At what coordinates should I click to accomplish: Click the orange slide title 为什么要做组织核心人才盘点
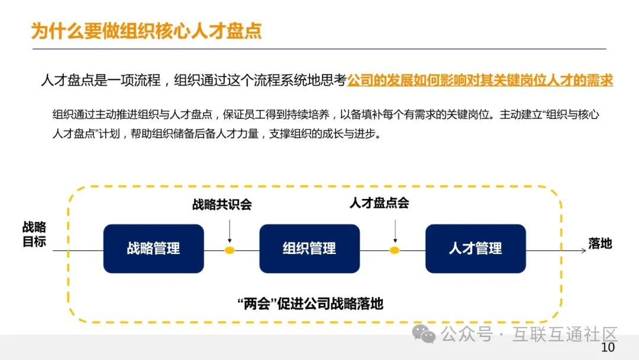(x=146, y=30)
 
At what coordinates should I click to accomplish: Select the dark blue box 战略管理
(x=153, y=249)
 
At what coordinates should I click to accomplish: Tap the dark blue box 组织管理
(x=309, y=249)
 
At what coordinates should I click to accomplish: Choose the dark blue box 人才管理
(x=475, y=249)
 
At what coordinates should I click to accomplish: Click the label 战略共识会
(x=222, y=205)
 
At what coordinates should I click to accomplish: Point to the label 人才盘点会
(x=379, y=203)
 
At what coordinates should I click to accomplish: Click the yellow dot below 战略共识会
(x=230, y=250)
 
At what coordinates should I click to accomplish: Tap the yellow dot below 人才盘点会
(x=395, y=250)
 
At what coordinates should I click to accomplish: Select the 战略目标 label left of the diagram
(x=34, y=234)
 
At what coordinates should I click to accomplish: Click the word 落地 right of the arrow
(x=600, y=243)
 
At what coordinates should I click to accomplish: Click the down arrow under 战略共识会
(x=230, y=228)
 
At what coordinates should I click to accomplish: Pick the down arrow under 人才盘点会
(x=395, y=228)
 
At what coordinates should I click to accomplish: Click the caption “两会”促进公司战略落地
(x=310, y=304)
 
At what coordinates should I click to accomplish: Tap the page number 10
(x=608, y=348)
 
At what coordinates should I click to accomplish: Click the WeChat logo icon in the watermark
(x=424, y=334)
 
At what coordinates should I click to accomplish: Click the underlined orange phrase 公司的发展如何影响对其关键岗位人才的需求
(x=480, y=81)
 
